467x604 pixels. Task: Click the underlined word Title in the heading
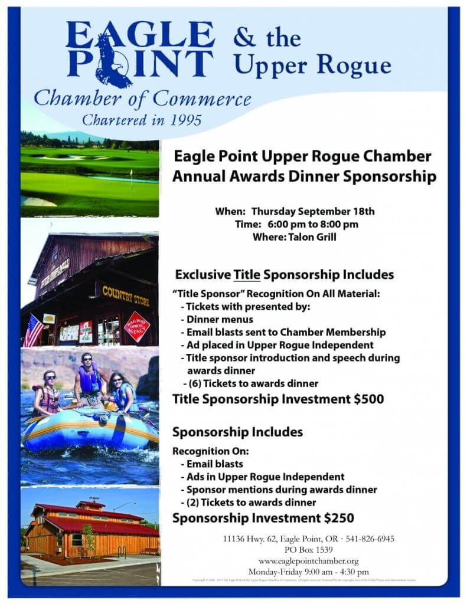tap(247, 275)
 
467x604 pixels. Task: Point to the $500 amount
tap(368, 399)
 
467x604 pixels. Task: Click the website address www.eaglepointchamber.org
tap(308, 561)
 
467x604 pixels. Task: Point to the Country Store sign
tap(126, 294)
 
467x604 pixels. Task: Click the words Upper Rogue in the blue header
tap(312, 65)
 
